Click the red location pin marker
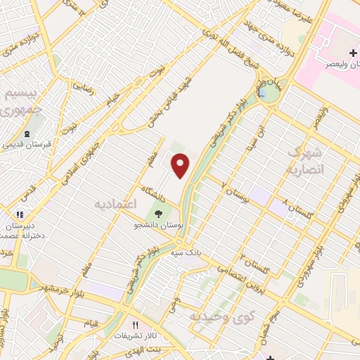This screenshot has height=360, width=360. click(x=181, y=165)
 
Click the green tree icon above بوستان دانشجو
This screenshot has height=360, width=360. click(x=158, y=213)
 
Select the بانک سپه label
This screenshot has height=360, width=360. click(x=191, y=251)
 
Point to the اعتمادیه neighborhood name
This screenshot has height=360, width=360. click(x=113, y=203)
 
